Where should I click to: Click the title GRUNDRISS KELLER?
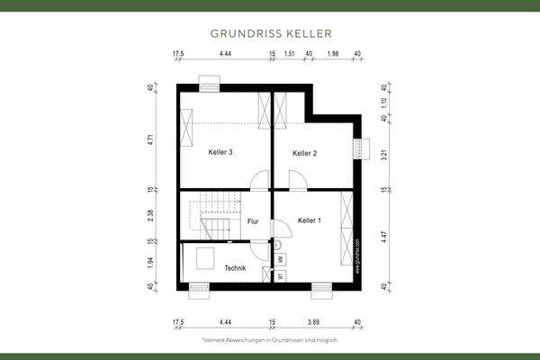(x=270, y=33)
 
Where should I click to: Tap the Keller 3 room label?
(x=220, y=152)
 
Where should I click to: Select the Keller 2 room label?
(x=305, y=153)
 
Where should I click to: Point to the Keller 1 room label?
(x=310, y=220)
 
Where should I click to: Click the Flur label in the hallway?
(x=253, y=221)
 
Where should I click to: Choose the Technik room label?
(x=236, y=268)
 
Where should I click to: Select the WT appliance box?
(x=281, y=275)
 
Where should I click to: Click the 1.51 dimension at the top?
(x=290, y=55)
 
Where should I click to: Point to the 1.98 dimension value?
(x=333, y=55)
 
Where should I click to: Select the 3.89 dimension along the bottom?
(x=314, y=321)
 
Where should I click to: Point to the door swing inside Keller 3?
(x=259, y=180)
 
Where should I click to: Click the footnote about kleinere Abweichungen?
(x=270, y=341)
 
